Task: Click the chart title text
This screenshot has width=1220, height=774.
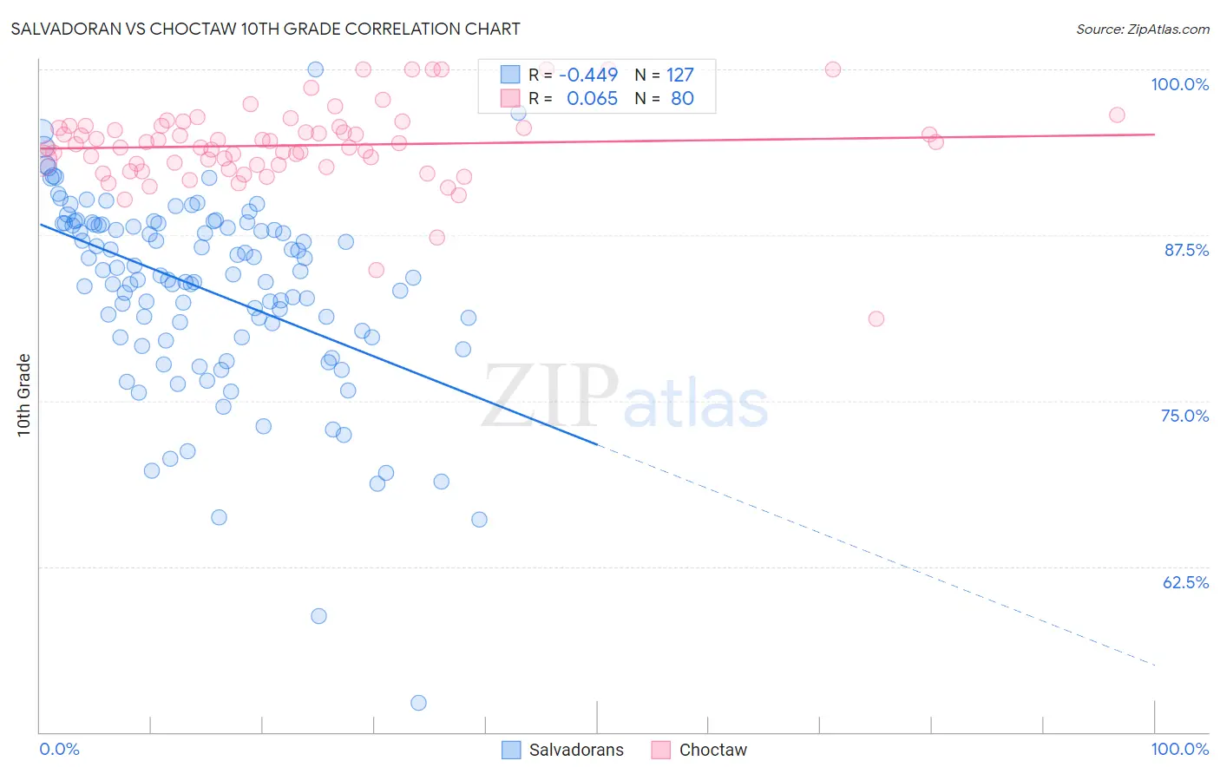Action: coord(266,29)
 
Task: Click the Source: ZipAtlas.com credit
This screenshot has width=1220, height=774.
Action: coord(1142,29)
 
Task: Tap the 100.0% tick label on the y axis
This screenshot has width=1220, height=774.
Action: coord(1179,84)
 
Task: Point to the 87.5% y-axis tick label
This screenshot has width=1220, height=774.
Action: coord(1186,250)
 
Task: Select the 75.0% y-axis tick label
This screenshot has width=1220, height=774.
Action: coord(1184,416)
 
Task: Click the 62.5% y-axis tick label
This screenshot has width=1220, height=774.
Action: coord(1185,582)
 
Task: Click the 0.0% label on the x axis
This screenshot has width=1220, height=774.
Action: coord(59,749)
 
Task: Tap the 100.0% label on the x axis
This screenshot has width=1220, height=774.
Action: coord(1179,749)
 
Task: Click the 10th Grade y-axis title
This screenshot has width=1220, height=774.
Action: coord(23,395)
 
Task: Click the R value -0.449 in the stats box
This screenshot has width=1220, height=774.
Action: coord(588,75)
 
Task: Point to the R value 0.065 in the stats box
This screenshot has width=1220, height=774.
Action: coord(592,98)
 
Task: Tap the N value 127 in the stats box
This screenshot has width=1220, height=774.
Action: coord(679,75)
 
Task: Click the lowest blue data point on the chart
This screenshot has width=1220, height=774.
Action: coord(418,703)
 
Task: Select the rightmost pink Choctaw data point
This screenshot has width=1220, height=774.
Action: coord(1117,115)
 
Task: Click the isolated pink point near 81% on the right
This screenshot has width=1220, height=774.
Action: coord(876,318)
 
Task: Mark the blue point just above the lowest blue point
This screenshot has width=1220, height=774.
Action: coord(318,616)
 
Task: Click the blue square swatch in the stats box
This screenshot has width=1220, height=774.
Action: coord(510,75)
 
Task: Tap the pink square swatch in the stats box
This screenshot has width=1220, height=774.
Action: coord(510,98)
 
